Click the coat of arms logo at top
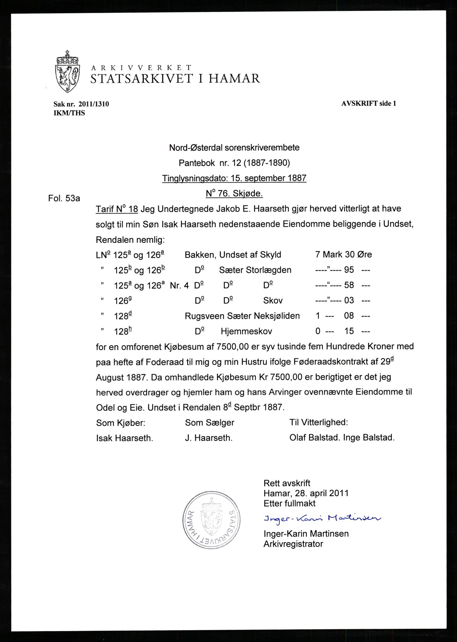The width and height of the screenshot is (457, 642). [67, 71]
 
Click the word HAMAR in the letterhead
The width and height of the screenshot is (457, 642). [234, 78]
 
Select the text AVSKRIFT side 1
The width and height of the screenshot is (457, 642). [368, 103]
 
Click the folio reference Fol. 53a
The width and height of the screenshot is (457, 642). [64, 198]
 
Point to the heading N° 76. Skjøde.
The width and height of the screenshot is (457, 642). [234, 194]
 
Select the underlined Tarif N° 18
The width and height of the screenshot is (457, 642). [117, 209]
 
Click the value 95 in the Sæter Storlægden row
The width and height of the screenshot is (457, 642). [349, 270]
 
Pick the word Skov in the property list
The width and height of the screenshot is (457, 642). [273, 301]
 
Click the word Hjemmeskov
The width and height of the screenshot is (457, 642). [246, 331]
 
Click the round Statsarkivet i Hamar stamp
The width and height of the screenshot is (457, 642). [212, 519]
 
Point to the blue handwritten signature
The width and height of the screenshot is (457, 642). [322, 518]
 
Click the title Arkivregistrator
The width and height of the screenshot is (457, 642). [293, 544]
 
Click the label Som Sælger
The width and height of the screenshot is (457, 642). [209, 423]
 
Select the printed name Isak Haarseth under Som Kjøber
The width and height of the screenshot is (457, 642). [124, 438]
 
